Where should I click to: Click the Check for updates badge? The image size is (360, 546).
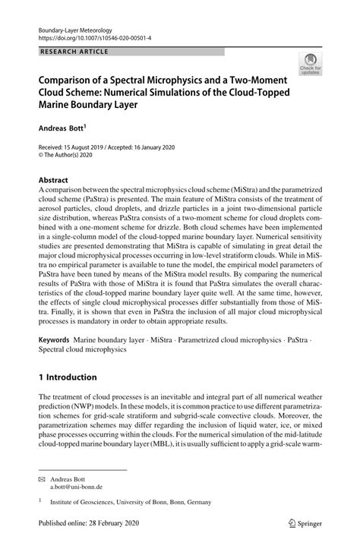pyautogui.click(x=309, y=65)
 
